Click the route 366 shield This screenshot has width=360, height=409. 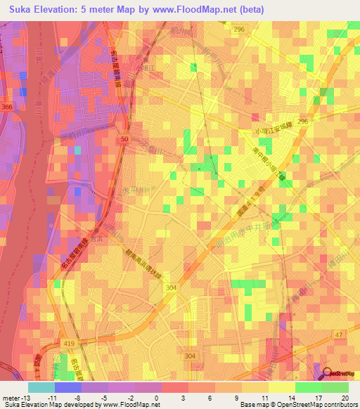pos(6,106)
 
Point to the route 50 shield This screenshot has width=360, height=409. pos(124,141)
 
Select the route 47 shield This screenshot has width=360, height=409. pos(338,336)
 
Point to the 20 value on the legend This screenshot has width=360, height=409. pos(345,397)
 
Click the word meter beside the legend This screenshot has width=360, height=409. pos(10,397)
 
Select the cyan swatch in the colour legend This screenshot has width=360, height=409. pos(41,387)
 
